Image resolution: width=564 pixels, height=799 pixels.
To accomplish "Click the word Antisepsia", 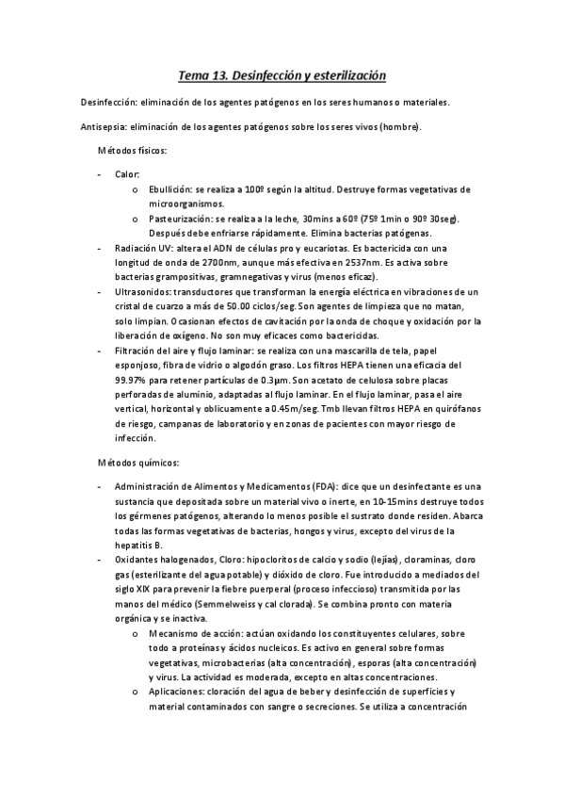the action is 105,126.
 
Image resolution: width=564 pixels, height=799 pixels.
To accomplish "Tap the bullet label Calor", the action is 127,175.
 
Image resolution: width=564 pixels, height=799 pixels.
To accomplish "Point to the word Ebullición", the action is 169,189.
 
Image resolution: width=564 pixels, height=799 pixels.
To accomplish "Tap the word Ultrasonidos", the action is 143,294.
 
